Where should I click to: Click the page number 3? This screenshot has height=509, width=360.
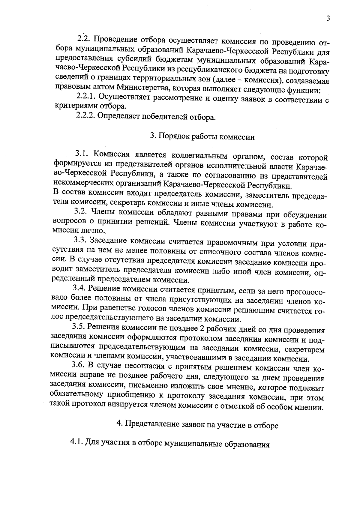[328, 19]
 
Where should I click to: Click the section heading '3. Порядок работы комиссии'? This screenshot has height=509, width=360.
[202, 136]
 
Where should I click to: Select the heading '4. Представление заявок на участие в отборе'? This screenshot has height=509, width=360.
[197, 425]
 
